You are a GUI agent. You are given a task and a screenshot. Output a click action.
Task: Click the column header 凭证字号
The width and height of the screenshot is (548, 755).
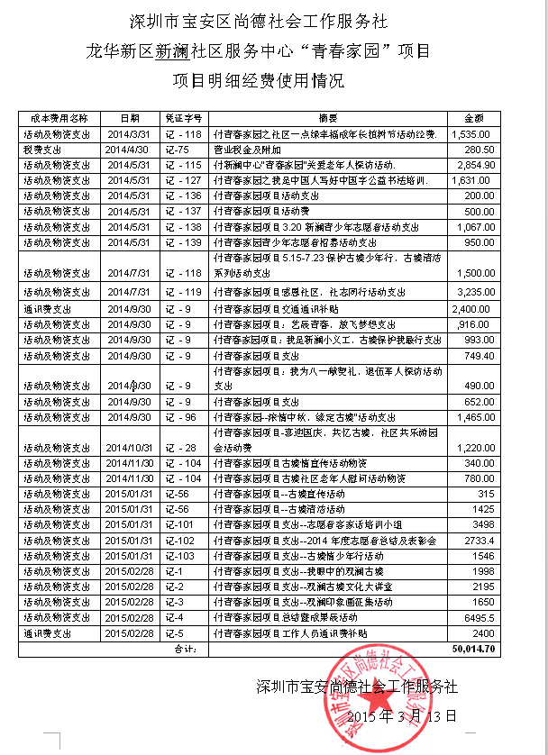point(183,118)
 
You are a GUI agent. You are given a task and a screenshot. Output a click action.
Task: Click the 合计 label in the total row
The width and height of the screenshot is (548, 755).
point(183,648)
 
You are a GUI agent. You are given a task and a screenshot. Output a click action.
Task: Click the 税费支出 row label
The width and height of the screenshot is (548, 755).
point(43,149)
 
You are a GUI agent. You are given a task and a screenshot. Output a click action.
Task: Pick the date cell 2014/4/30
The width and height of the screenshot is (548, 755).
point(125,149)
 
